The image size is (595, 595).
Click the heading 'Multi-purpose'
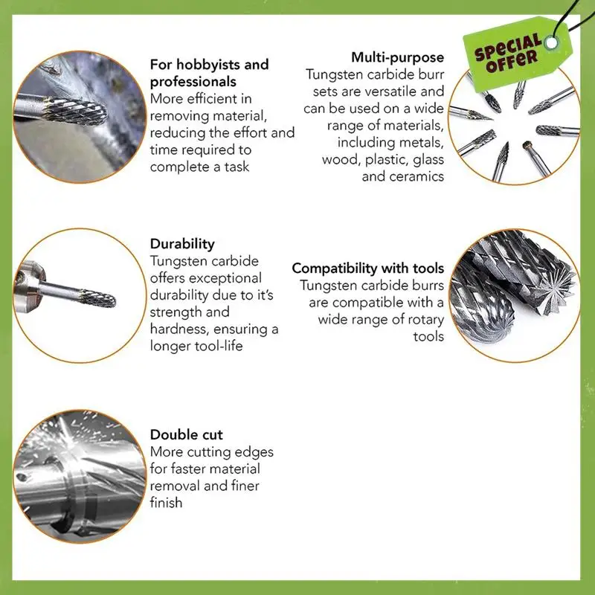397,57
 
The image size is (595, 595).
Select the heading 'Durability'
182,243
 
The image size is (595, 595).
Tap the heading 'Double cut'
186,434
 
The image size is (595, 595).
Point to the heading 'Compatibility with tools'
367,268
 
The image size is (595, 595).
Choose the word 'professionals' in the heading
193,82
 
